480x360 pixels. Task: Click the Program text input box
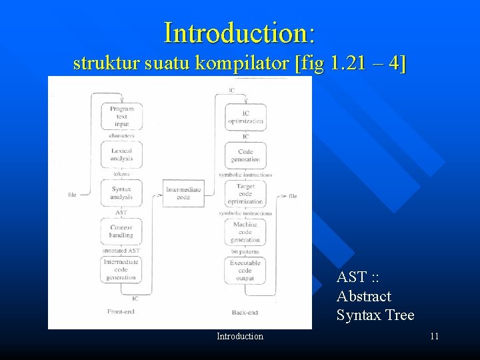click(121, 117)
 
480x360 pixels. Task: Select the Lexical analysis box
click(121, 155)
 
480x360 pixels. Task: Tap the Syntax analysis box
click(121, 193)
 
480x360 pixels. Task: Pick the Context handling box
click(121, 231)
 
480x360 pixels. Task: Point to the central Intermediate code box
click(183, 193)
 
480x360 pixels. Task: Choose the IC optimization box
click(246, 117)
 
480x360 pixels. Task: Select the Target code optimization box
click(246, 193)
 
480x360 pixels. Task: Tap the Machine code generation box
click(246, 232)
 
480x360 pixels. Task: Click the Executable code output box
click(246, 270)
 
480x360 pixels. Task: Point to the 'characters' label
click(121, 136)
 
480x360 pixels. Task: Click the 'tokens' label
click(121, 174)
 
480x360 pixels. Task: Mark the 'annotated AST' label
click(121, 251)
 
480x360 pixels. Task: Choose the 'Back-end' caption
click(245, 312)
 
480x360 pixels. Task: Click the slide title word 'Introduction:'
click(239, 31)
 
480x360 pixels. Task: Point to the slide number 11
click(434, 337)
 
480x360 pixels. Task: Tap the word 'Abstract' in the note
click(364, 296)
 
